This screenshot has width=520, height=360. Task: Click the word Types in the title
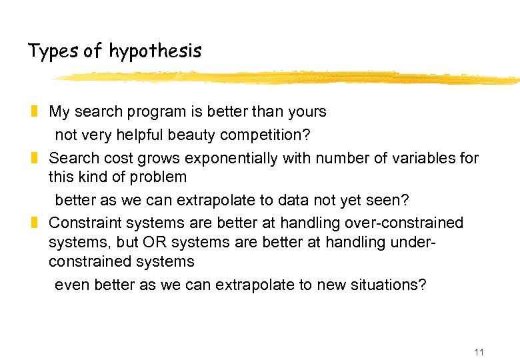pyautogui.click(x=53, y=51)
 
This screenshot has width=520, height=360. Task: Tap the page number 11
pyautogui.click(x=479, y=352)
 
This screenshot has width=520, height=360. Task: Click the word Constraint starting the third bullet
pyautogui.click(x=82, y=222)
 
